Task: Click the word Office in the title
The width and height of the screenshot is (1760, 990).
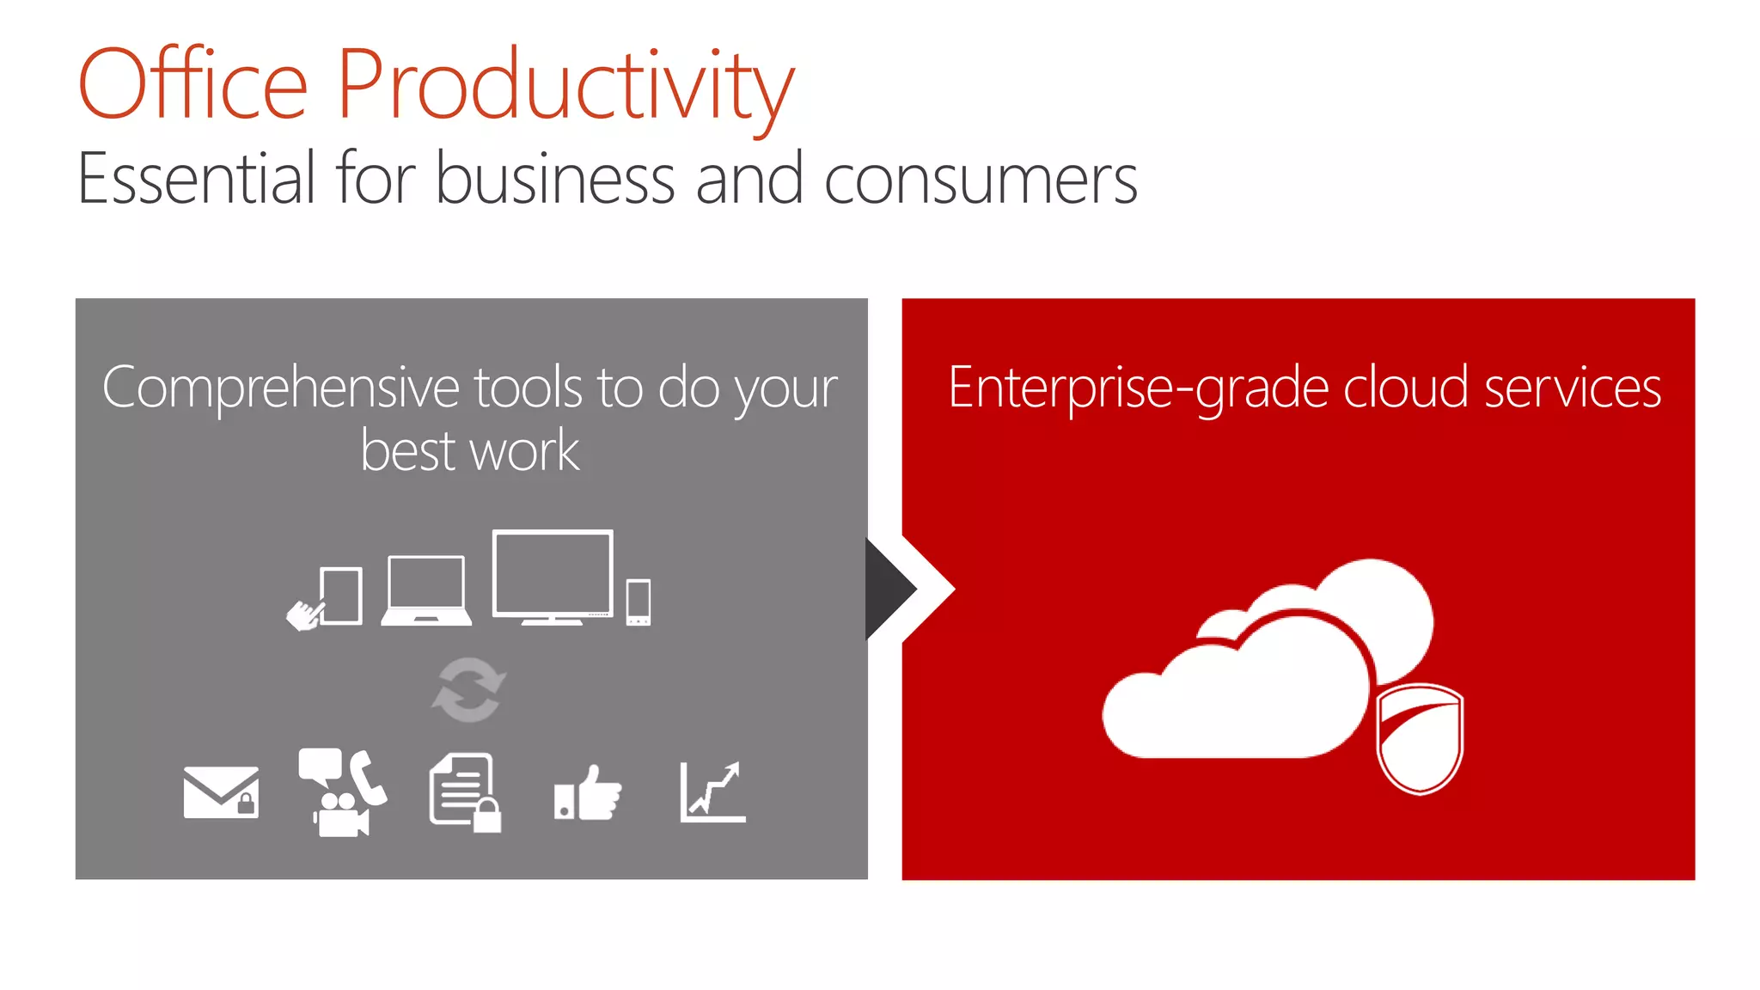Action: coord(192,84)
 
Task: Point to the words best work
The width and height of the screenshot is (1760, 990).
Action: coord(470,451)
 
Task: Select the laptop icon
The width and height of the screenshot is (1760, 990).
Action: coord(426,591)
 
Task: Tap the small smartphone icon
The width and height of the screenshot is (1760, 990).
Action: coord(639,602)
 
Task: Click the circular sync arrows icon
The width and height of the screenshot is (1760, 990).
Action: coord(468,690)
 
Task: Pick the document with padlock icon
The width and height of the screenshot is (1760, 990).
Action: coord(465,792)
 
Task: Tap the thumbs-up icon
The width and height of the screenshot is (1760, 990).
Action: coord(589,793)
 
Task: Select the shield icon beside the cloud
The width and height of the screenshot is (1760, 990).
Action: coord(1419,738)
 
